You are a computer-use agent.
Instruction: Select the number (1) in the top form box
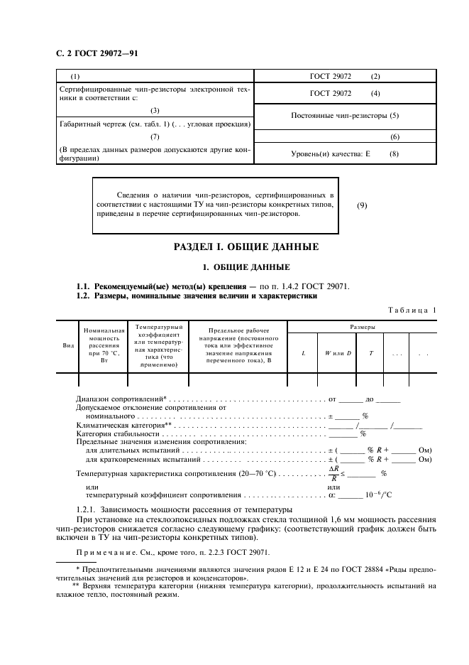76,76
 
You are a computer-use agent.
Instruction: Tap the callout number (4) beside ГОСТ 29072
375,94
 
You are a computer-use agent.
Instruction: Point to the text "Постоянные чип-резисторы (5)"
346,115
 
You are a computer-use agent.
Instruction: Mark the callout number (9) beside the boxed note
362,206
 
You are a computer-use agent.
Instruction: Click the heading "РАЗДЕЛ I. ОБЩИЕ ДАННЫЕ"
246,247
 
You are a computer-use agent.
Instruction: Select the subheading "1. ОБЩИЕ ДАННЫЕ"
246,267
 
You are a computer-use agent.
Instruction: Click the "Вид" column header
69,345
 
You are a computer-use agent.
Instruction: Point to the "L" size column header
304,353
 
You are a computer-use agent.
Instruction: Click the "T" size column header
371,353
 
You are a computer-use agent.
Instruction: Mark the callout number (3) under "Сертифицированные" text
155,110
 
